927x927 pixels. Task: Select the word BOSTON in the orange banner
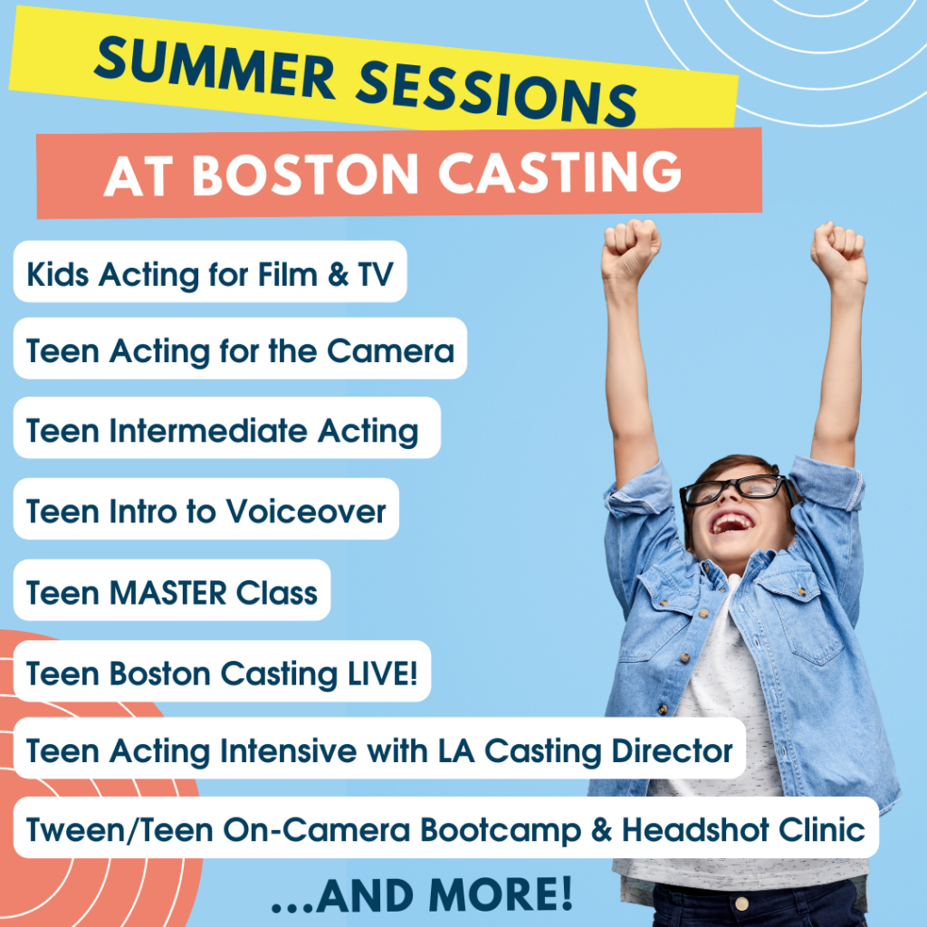(x=306, y=175)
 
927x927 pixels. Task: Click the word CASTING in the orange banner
(x=559, y=172)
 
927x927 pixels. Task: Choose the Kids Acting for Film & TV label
(x=210, y=274)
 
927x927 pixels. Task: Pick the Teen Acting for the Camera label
(x=240, y=351)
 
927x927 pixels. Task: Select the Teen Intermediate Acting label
(x=223, y=431)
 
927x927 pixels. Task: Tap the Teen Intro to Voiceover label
(x=205, y=511)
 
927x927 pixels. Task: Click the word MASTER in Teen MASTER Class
(x=167, y=592)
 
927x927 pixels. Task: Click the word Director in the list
(x=673, y=750)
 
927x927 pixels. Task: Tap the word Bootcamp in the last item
(x=500, y=831)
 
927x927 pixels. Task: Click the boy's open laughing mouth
(x=731, y=522)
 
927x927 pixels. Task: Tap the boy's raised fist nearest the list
(x=630, y=249)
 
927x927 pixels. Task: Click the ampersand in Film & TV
(x=339, y=275)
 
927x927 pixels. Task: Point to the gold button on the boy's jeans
(x=742, y=903)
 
